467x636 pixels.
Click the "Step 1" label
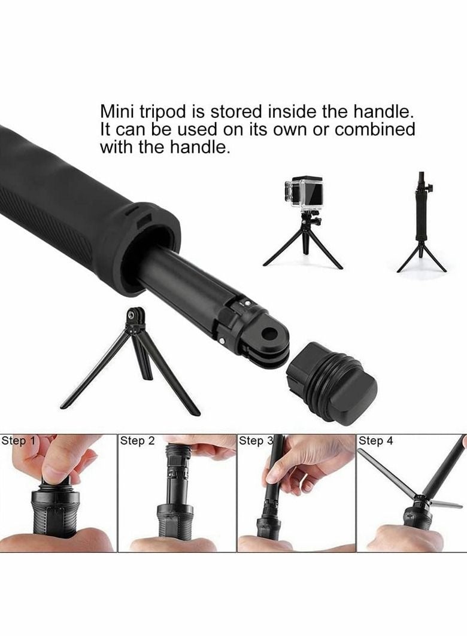pyautogui.click(x=19, y=441)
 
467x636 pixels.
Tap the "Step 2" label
pyautogui.click(x=137, y=441)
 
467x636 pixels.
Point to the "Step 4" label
pyautogui.click(x=376, y=441)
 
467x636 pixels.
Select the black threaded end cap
pyautogui.click(x=331, y=382)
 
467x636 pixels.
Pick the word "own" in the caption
pyautogui.click(x=290, y=130)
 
